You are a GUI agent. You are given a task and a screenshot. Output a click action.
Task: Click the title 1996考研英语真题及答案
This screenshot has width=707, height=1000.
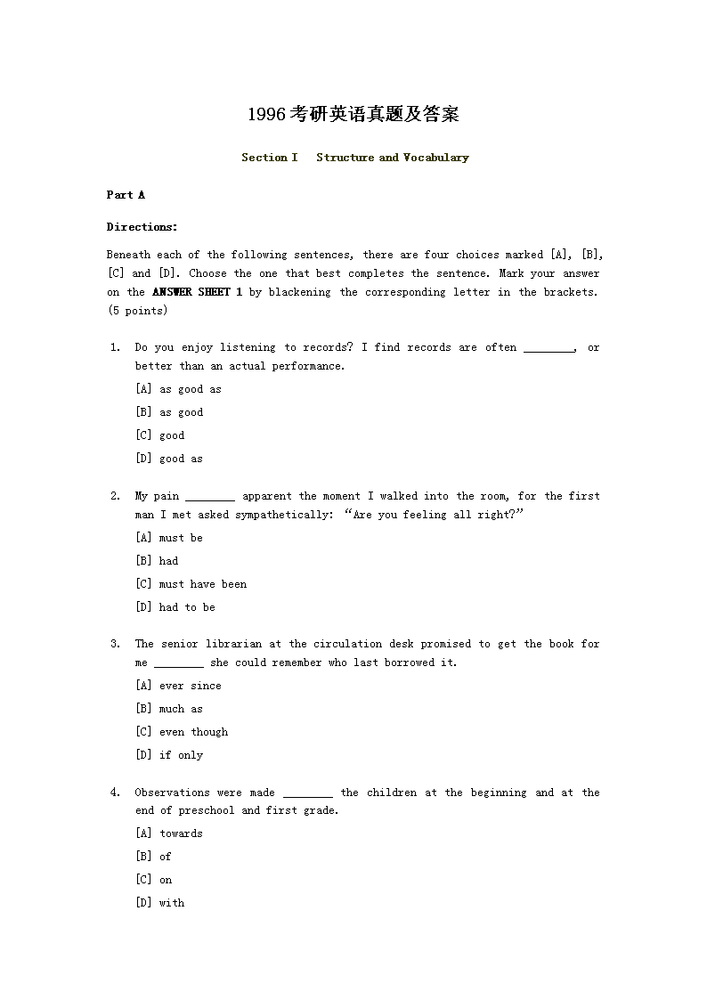pyautogui.click(x=353, y=115)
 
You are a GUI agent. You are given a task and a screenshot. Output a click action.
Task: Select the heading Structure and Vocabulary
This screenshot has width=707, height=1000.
pyautogui.click(x=392, y=158)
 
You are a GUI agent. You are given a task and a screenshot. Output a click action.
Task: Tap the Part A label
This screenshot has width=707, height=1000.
pyautogui.click(x=126, y=195)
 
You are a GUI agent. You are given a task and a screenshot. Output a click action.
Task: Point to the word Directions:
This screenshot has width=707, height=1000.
pyautogui.click(x=142, y=227)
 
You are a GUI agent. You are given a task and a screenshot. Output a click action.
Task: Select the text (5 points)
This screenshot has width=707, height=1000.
pyautogui.click(x=137, y=311)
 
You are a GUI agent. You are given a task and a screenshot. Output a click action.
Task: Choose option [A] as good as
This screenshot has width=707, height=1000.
pyautogui.click(x=178, y=389)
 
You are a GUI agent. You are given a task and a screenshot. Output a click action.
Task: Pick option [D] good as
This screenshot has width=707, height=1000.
pyautogui.click(x=169, y=459)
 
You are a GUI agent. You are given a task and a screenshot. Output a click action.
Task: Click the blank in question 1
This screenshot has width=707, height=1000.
pyautogui.click(x=549, y=348)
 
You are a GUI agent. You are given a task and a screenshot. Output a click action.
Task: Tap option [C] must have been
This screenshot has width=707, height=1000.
pyautogui.click(x=191, y=584)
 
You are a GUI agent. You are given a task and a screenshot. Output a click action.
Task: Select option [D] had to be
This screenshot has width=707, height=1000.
pyautogui.click(x=175, y=607)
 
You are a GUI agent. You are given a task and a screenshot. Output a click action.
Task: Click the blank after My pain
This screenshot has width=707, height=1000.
pyautogui.click(x=210, y=497)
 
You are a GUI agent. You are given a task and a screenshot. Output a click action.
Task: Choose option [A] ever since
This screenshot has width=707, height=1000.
pyautogui.click(x=178, y=686)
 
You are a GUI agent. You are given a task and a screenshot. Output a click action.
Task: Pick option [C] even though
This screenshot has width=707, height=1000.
pyautogui.click(x=182, y=732)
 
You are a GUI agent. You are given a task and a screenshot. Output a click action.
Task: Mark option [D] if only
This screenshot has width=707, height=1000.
pyautogui.click(x=169, y=755)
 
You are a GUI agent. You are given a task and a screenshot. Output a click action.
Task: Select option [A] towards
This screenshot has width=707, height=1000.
pyautogui.click(x=169, y=833)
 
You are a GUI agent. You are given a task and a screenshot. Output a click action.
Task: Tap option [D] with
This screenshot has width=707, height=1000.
pyautogui.click(x=160, y=903)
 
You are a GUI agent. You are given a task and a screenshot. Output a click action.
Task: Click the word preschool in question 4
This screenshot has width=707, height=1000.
pyautogui.click(x=207, y=811)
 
